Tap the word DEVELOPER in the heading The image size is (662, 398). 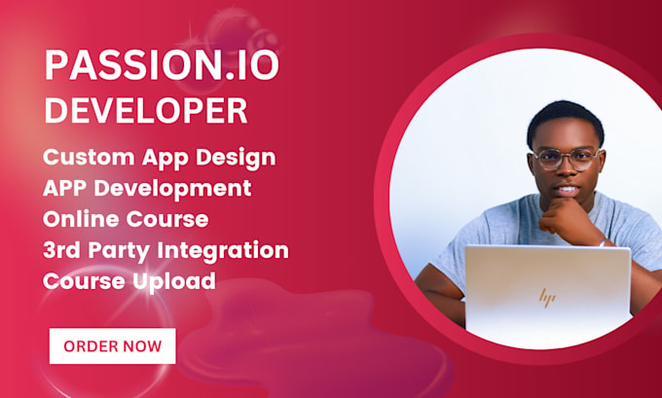tap(146, 110)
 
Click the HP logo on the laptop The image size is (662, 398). tap(548, 297)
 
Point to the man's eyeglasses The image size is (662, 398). tap(565, 159)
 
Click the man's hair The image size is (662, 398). tap(565, 119)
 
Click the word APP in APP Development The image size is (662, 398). tap(68, 187)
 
